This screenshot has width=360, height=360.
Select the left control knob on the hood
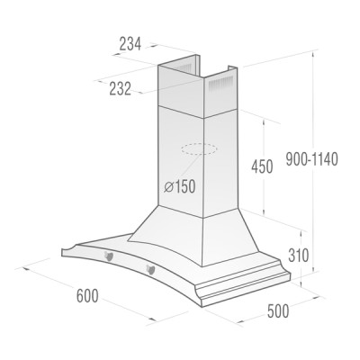pyautogui.click(x=110, y=258)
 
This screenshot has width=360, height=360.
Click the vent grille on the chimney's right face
pyautogui.click(x=220, y=86)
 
